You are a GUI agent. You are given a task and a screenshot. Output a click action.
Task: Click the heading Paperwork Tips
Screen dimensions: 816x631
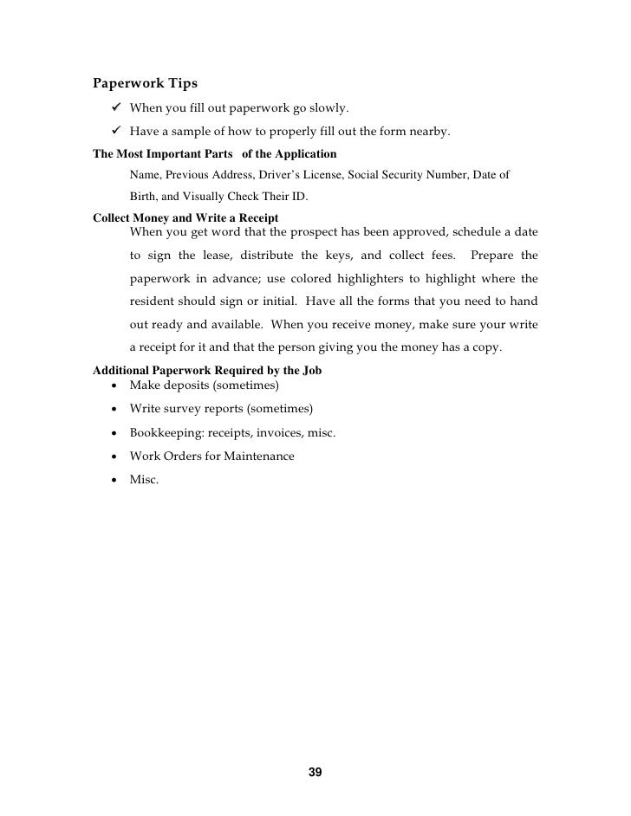coord(145,84)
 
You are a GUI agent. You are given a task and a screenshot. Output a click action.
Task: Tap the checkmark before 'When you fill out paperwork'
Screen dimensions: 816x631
coord(116,108)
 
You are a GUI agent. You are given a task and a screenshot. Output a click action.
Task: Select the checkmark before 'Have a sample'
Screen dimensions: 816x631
coord(116,133)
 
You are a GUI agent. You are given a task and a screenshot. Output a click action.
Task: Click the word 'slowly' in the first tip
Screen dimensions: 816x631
coord(329,109)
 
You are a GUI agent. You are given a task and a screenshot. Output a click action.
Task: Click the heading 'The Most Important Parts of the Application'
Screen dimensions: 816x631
coord(214,154)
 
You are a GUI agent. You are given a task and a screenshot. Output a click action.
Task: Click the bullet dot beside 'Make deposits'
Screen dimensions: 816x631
coord(114,385)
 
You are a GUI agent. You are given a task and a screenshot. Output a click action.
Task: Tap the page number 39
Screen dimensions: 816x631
coord(315,772)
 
